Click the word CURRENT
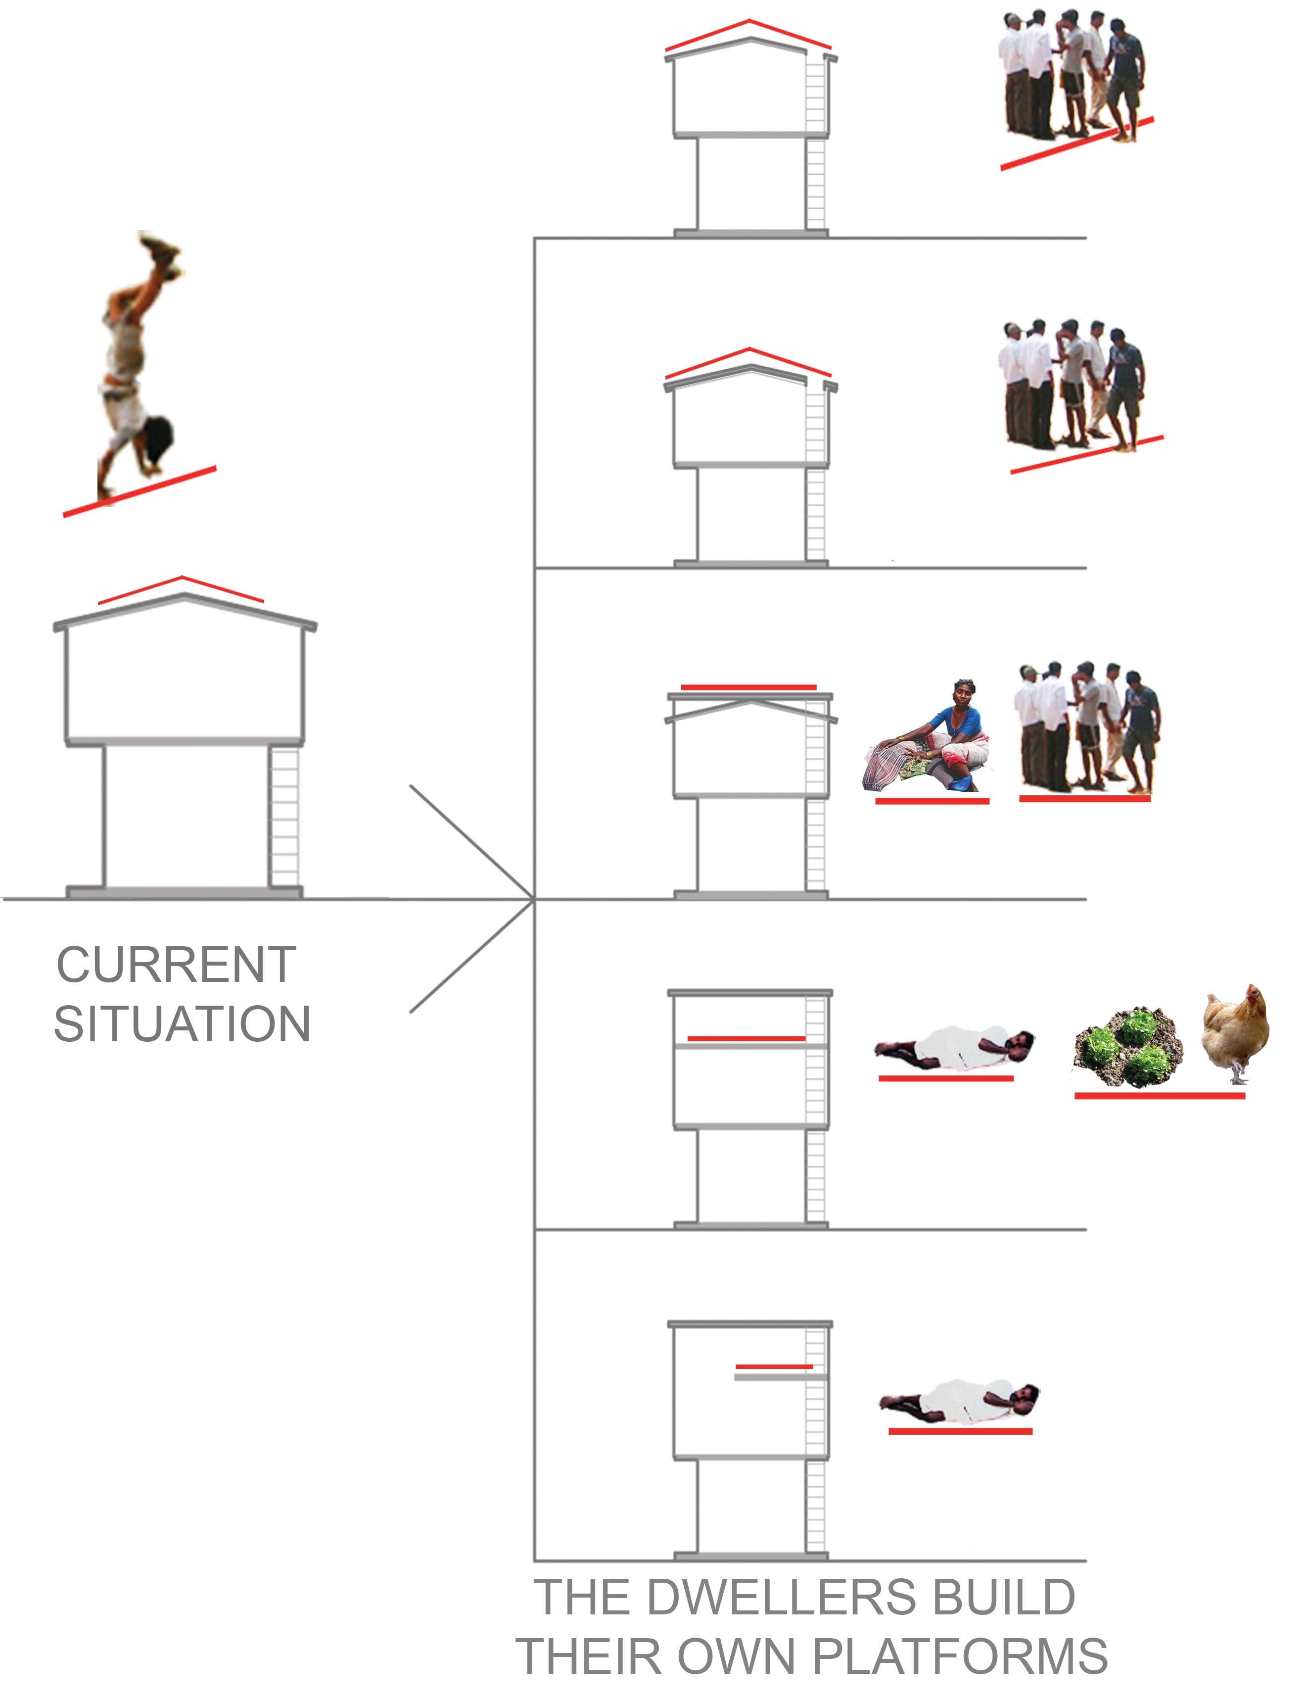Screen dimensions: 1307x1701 tap(177, 965)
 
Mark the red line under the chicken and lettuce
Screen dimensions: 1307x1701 tap(1160, 1096)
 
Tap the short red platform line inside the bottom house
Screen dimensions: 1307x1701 tap(774, 1366)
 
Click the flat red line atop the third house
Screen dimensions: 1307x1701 tap(748, 687)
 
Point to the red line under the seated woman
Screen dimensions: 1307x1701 tap(932, 801)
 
